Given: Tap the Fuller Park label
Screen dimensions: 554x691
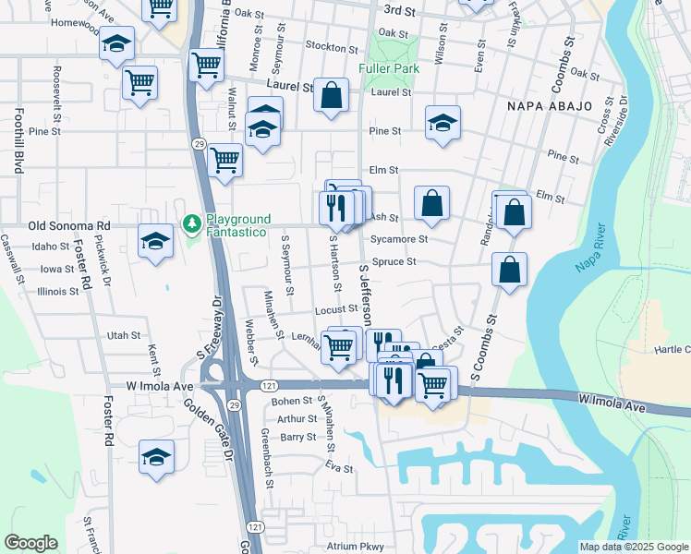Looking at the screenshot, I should [390, 68].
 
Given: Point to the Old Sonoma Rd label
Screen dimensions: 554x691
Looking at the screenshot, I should [69, 225].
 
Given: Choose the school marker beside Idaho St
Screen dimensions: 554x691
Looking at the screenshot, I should [155, 242].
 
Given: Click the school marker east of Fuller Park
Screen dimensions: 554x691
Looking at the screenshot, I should [442, 124].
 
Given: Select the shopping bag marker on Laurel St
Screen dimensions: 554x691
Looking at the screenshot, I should [331, 95].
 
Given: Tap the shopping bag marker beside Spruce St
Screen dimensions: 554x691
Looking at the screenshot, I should [509, 270].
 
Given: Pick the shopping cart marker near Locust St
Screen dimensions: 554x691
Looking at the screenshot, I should [340, 347].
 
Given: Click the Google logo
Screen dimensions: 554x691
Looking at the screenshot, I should [30, 543].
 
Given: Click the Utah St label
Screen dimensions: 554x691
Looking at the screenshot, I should [124, 335].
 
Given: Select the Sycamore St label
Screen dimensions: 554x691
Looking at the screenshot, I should [398, 239].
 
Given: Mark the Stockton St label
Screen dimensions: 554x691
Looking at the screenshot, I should [331, 48].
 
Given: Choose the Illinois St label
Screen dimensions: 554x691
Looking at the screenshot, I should [58, 292].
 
